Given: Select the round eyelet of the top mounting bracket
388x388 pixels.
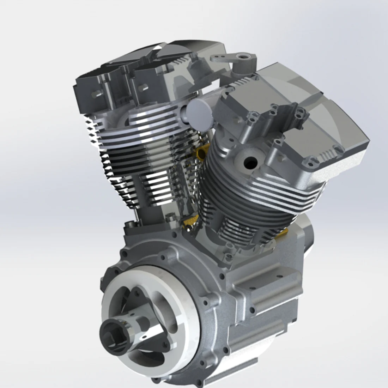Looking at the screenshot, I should pos(243,57).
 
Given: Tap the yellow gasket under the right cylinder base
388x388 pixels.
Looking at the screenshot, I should pos(282,232).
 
